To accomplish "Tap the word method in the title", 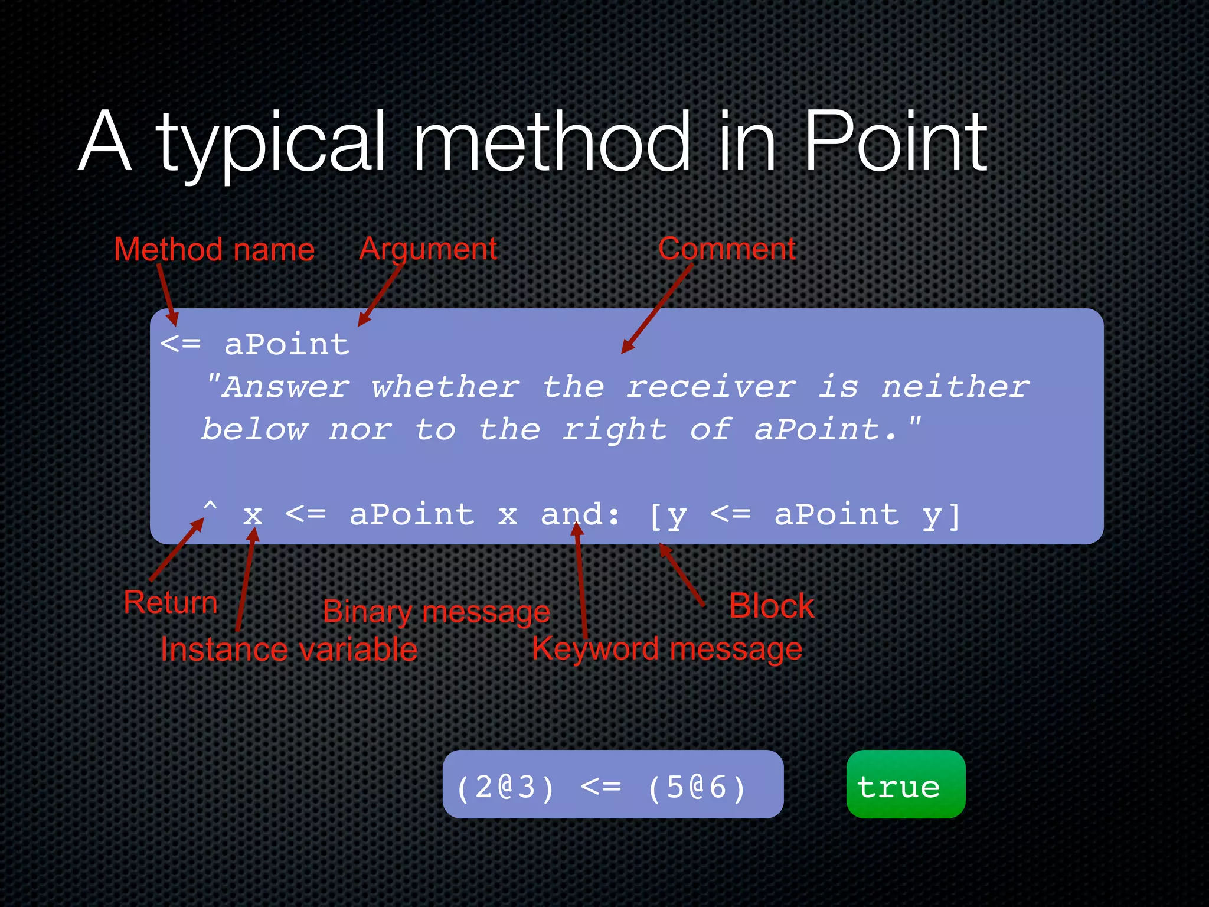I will (x=551, y=143).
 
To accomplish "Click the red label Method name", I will (x=214, y=250).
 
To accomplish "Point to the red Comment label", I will (x=727, y=249).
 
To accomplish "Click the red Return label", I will (x=171, y=603).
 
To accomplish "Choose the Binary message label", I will (x=436, y=612).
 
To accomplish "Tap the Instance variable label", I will (x=289, y=650).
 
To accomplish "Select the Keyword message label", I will (x=667, y=649).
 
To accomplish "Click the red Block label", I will (x=772, y=606).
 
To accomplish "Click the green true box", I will (x=906, y=785).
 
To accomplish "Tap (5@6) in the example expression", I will (x=697, y=788).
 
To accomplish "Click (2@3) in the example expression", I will (x=506, y=788).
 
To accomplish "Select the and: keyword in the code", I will (x=580, y=514).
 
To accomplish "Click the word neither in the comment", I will (x=955, y=387).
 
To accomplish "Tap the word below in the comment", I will (x=254, y=430).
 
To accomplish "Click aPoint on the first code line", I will (x=287, y=344).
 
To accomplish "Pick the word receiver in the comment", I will (x=711, y=387).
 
